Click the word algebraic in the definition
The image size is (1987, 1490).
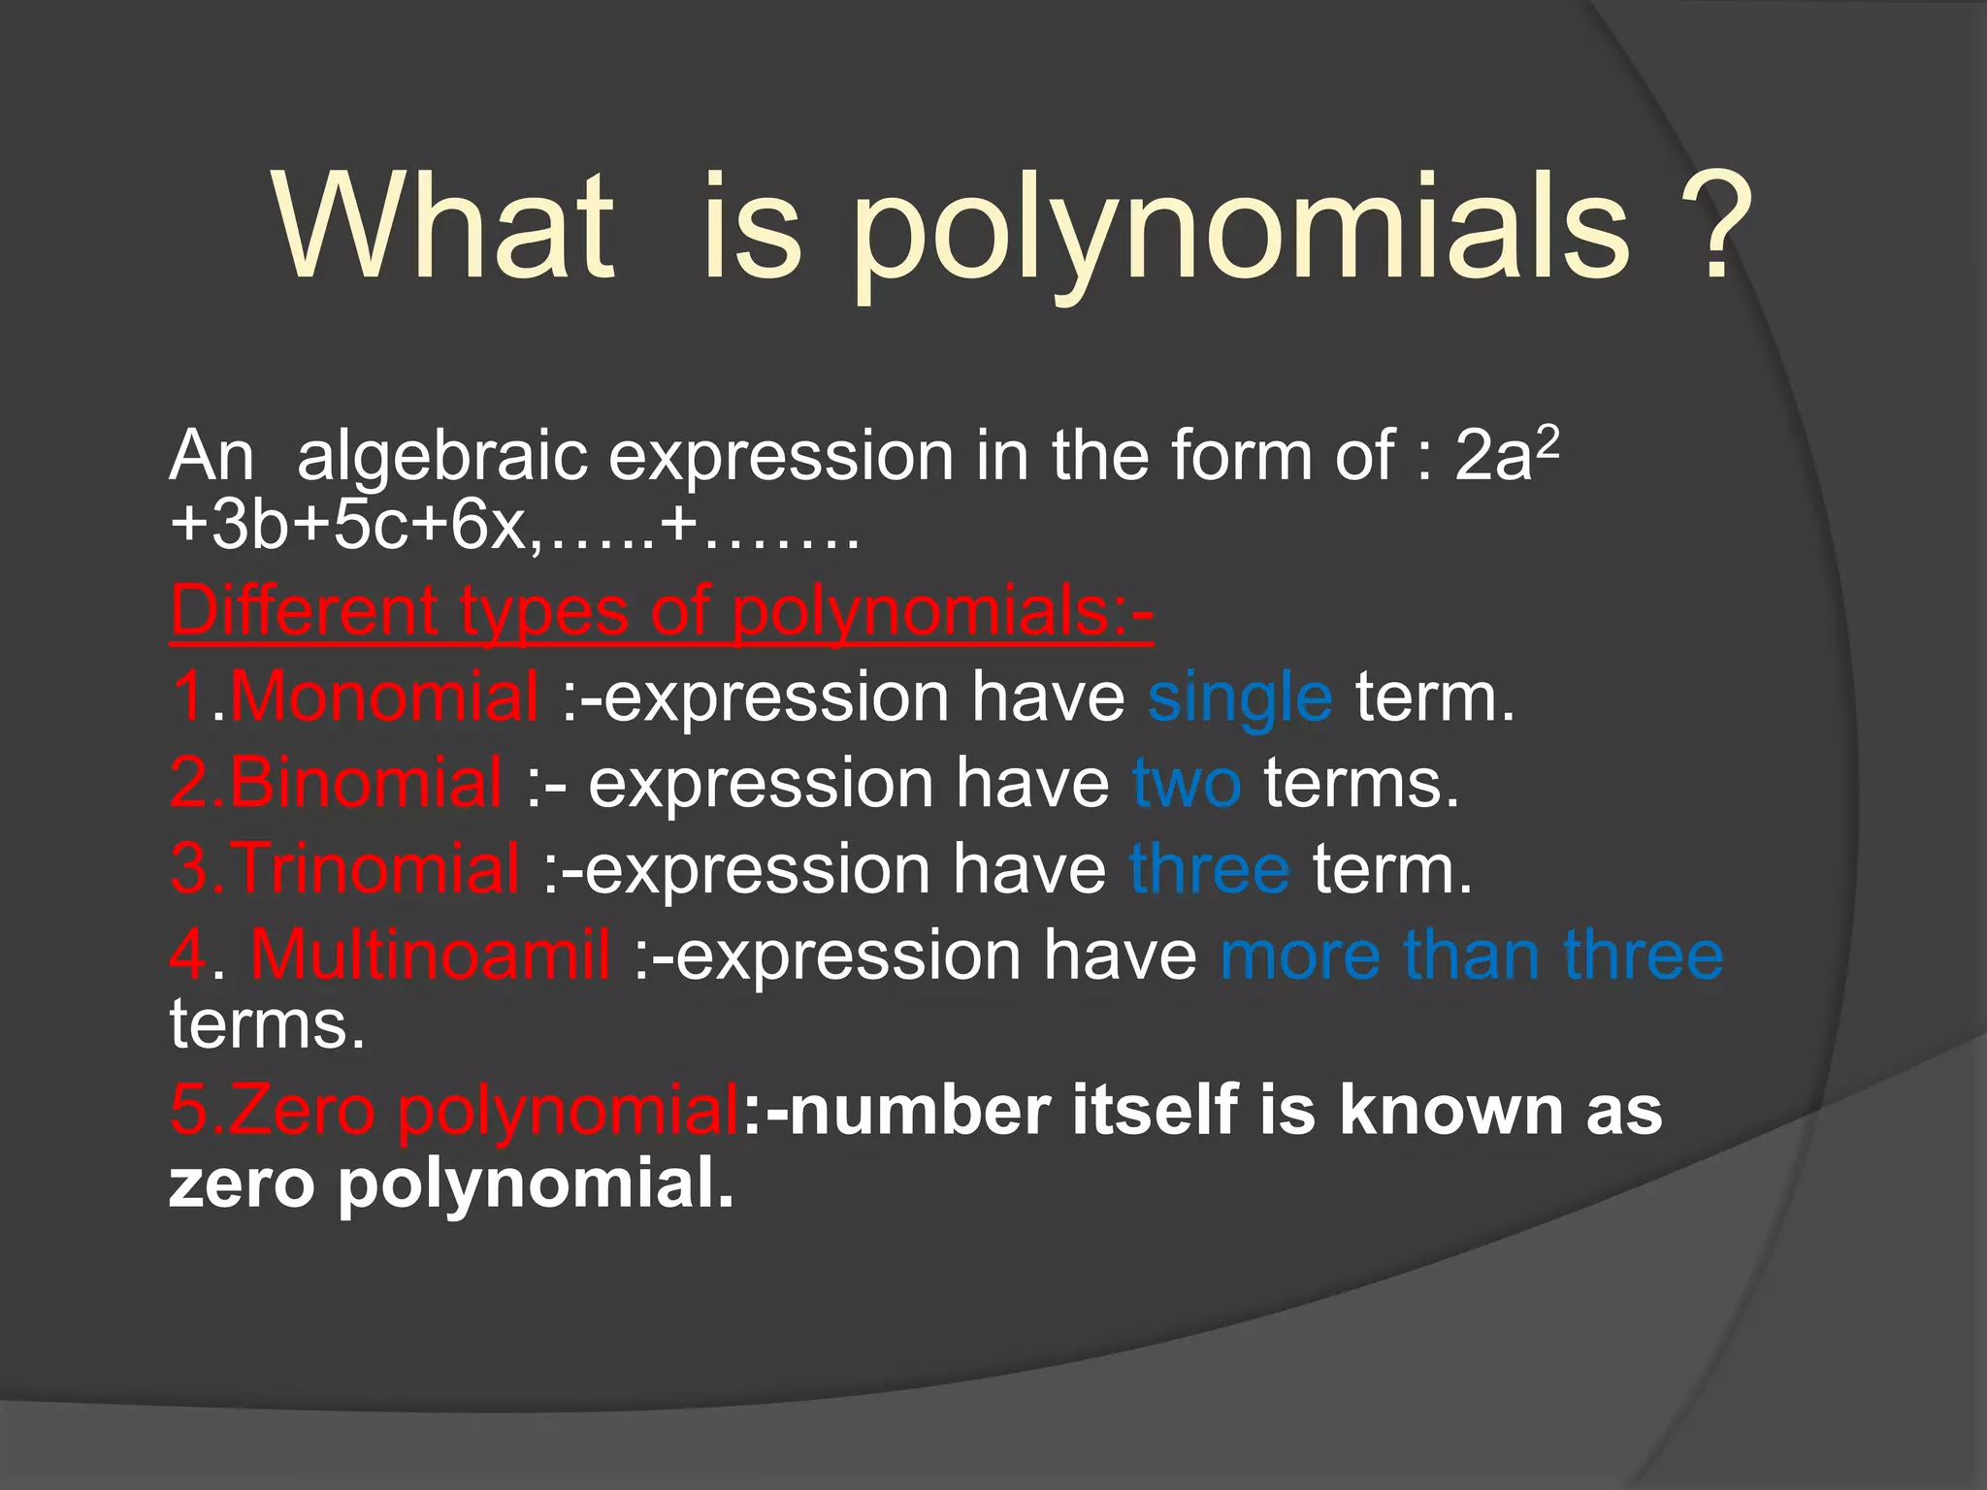(442, 456)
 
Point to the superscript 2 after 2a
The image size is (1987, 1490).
(1548, 441)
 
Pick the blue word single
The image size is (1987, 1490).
(1240, 698)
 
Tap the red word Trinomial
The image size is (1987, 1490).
(375, 867)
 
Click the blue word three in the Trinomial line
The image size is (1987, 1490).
(1210, 867)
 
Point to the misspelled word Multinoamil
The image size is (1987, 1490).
(431, 954)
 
